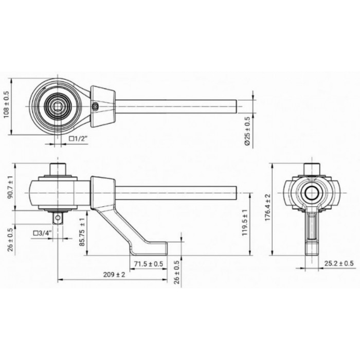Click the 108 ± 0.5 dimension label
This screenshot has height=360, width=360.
pyautogui.click(x=6, y=104)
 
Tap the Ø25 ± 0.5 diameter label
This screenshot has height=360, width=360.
pyautogui.click(x=247, y=131)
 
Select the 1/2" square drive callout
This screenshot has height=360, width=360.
pyautogui.click(x=79, y=138)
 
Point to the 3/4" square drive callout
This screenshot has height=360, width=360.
pyautogui.click(x=43, y=233)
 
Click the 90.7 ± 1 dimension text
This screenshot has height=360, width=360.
pyautogui.click(x=11, y=186)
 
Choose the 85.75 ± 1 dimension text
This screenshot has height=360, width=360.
pyautogui.click(x=82, y=232)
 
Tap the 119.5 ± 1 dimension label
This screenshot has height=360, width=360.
pyautogui.click(x=245, y=222)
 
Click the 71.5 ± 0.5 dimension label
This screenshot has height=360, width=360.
pyautogui.click(x=149, y=264)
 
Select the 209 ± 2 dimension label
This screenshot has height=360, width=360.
pyautogui.click(x=114, y=275)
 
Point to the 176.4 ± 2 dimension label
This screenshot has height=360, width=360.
pyautogui.click(x=268, y=207)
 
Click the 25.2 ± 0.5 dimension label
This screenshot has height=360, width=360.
pyautogui.click(x=339, y=263)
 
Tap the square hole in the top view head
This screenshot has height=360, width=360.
pyautogui.click(x=57, y=106)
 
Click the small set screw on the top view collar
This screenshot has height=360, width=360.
pyautogui.click(x=95, y=106)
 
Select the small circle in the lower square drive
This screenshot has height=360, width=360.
pyautogui.click(x=58, y=217)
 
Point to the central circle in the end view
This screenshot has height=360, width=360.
pyautogui.click(x=312, y=192)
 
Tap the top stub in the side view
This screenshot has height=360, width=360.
pyautogui.click(x=58, y=169)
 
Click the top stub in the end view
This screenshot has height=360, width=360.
pyautogui.click(x=312, y=169)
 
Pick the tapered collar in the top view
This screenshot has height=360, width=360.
pyautogui.click(x=103, y=106)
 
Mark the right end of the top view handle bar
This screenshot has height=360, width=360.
pyautogui.click(x=237, y=106)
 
